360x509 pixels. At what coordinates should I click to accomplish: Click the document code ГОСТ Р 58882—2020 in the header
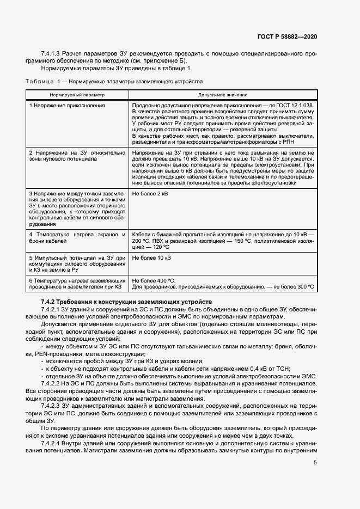pos(287,36)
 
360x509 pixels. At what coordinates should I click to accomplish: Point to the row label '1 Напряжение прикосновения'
pos(66,105)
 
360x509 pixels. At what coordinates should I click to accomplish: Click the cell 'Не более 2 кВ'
pos(150,194)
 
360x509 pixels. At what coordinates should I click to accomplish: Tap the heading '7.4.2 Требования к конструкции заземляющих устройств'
pos(126,302)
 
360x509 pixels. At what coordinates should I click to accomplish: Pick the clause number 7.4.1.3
pos(50,54)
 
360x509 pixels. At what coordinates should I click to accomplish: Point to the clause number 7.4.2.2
pos(52,383)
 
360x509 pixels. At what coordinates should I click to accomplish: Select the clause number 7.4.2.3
pos(52,406)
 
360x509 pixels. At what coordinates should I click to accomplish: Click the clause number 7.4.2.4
pos(52,444)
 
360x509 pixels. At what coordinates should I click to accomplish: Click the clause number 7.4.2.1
pos(52,309)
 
